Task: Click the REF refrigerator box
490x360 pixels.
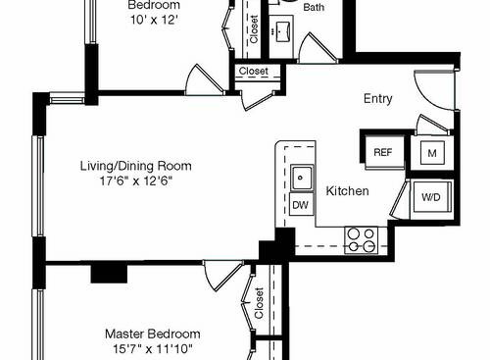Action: [382, 152]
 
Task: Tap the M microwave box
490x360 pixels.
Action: [432, 152]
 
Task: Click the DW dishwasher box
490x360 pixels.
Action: [300, 204]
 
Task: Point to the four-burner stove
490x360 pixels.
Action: [361, 239]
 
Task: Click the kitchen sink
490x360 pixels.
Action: [300, 178]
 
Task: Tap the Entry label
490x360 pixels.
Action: [378, 98]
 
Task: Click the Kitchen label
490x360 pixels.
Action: [347, 190]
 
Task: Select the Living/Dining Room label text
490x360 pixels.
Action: [135, 166]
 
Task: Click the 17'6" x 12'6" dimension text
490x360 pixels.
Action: [135, 180]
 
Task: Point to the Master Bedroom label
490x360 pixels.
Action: [152, 334]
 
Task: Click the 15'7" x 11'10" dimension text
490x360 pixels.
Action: [152, 348]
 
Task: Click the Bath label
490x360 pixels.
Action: [314, 7]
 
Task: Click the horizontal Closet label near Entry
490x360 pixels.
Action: [253, 72]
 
